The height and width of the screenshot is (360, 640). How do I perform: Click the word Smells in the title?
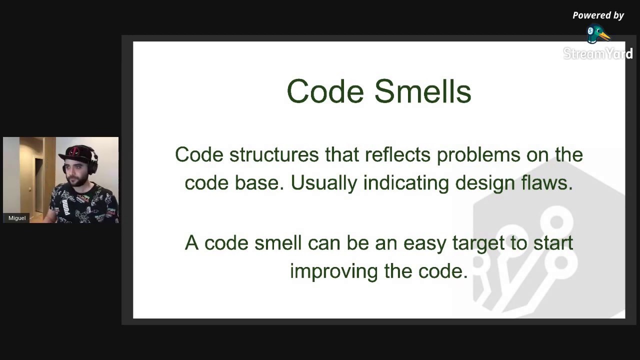coord(422,91)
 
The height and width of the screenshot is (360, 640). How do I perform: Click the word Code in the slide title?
coord(325,91)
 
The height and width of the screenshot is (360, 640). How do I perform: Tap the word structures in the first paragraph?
coord(274,154)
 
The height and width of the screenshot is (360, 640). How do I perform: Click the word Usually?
coord(324,182)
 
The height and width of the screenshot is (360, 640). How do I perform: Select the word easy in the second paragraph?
coord(424,243)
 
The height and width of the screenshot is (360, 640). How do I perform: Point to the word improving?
coord(333,271)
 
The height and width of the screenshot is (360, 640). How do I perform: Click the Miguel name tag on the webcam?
coord(17,218)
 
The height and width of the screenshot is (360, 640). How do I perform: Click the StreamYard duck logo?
coord(597,34)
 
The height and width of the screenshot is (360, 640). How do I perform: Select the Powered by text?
coord(598,15)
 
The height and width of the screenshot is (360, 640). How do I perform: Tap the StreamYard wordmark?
coord(597,53)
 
